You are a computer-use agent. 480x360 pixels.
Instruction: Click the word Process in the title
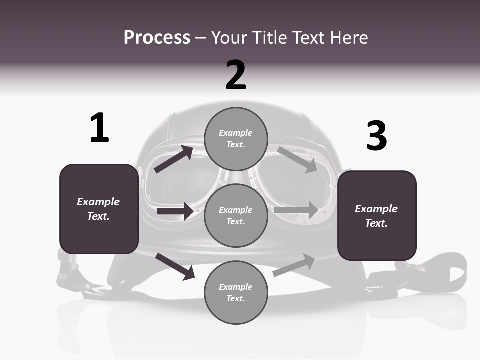pos(157,38)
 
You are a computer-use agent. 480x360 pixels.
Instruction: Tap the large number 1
pos(99,128)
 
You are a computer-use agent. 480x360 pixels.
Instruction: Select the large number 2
pos(236,75)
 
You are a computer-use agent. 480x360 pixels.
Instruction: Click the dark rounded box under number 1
pos(99,209)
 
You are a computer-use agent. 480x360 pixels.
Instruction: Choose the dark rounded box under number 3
pos(377,215)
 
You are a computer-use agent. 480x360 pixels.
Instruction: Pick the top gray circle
pos(236,139)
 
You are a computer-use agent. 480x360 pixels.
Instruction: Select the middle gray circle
pos(236,215)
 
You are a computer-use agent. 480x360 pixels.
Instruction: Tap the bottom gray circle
pos(236,292)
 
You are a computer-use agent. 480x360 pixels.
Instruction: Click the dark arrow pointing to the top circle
pos(174,159)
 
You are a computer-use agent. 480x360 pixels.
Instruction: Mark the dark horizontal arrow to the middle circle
pos(175,211)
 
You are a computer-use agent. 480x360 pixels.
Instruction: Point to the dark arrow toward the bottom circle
pos(175,266)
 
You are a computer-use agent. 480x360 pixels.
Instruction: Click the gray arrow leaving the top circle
pos(297,159)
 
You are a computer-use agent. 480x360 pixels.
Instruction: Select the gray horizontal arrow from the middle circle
pos(296,210)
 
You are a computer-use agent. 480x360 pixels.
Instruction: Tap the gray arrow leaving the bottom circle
pos(294,265)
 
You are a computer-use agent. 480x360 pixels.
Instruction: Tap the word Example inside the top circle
pos(236,133)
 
